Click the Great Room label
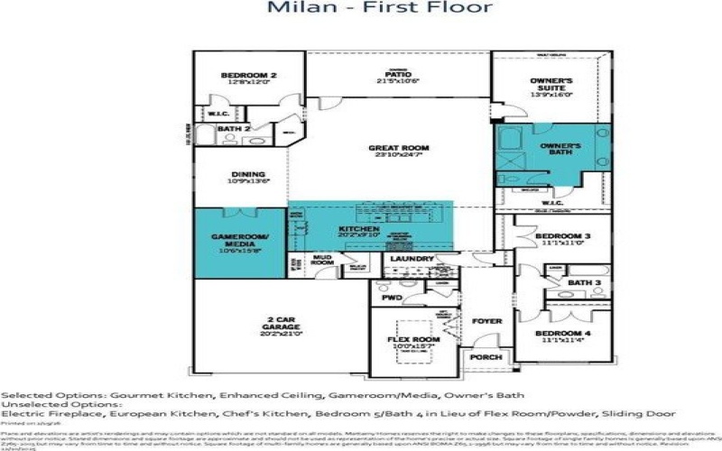pos(398,148)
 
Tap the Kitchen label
pos(356,229)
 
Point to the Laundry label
pos(412,259)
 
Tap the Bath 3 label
pos(584,282)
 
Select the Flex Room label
pos(412,340)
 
